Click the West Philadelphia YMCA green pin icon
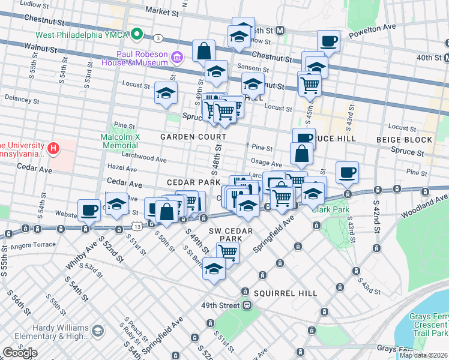[137, 34]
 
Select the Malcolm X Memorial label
[120, 141]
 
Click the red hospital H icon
[53, 147]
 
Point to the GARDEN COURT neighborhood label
[185, 137]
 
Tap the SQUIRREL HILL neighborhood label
[285, 293]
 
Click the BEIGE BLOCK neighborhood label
[404, 140]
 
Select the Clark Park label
[326, 209]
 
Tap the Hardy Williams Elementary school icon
[98, 331]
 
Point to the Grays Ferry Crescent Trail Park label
[429, 325]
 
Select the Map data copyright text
[424, 355]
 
